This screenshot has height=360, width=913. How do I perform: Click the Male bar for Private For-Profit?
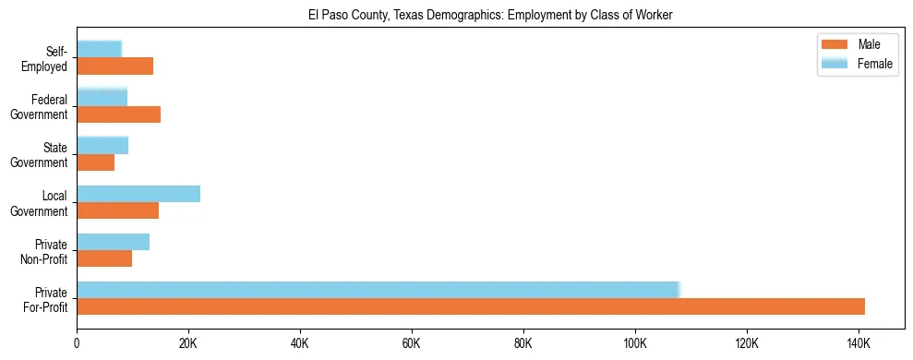click(x=471, y=306)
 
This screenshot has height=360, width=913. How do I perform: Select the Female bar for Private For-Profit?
click(x=378, y=290)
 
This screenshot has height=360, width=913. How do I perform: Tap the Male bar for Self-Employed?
click(x=114, y=66)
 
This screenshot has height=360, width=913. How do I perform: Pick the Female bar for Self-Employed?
click(x=99, y=50)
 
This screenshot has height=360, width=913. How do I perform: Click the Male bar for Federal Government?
click(x=118, y=114)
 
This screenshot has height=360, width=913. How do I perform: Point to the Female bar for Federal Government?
click(x=102, y=98)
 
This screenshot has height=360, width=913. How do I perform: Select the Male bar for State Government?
click(x=95, y=162)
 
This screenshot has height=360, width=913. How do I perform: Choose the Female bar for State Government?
click(x=102, y=146)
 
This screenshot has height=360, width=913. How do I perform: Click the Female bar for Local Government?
click(x=138, y=194)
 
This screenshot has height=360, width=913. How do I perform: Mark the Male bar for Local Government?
click(x=117, y=210)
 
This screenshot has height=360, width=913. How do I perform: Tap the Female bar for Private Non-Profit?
click(x=113, y=242)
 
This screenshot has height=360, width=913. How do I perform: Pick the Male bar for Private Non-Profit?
click(x=104, y=258)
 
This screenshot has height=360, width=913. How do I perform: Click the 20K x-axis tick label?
click(x=188, y=343)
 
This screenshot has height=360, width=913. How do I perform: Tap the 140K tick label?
click(x=859, y=343)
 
